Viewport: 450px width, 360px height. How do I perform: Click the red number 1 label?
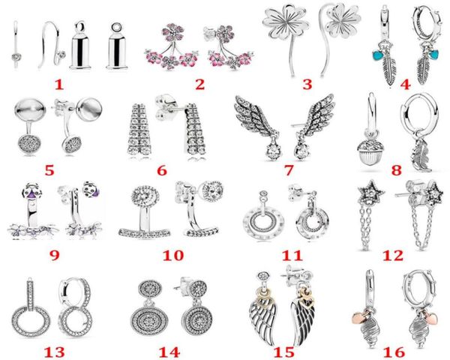(x=58, y=85)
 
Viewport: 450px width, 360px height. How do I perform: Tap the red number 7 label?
(x=289, y=170)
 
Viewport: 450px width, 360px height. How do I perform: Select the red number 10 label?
(x=173, y=256)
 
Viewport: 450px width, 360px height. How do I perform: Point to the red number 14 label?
(x=169, y=352)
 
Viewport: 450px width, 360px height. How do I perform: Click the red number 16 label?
(x=394, y=352)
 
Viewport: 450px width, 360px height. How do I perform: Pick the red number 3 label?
(x=307, y=85)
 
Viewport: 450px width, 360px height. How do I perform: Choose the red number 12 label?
(x=392, y=256)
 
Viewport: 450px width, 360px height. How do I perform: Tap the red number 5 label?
(x=49, y=170)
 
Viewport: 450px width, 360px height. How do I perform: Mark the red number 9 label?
(x=55, y=256)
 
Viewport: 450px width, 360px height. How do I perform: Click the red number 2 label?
(x=200, y=85)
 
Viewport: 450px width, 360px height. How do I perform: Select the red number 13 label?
(x=54, y=352)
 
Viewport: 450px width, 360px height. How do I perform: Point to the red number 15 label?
(x=284, y=352)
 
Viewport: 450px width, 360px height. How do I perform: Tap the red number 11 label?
(x=292, y=256)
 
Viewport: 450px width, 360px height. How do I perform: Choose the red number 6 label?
(x=162, y=170)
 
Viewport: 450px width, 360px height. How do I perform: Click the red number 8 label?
(x=396, y=170)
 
